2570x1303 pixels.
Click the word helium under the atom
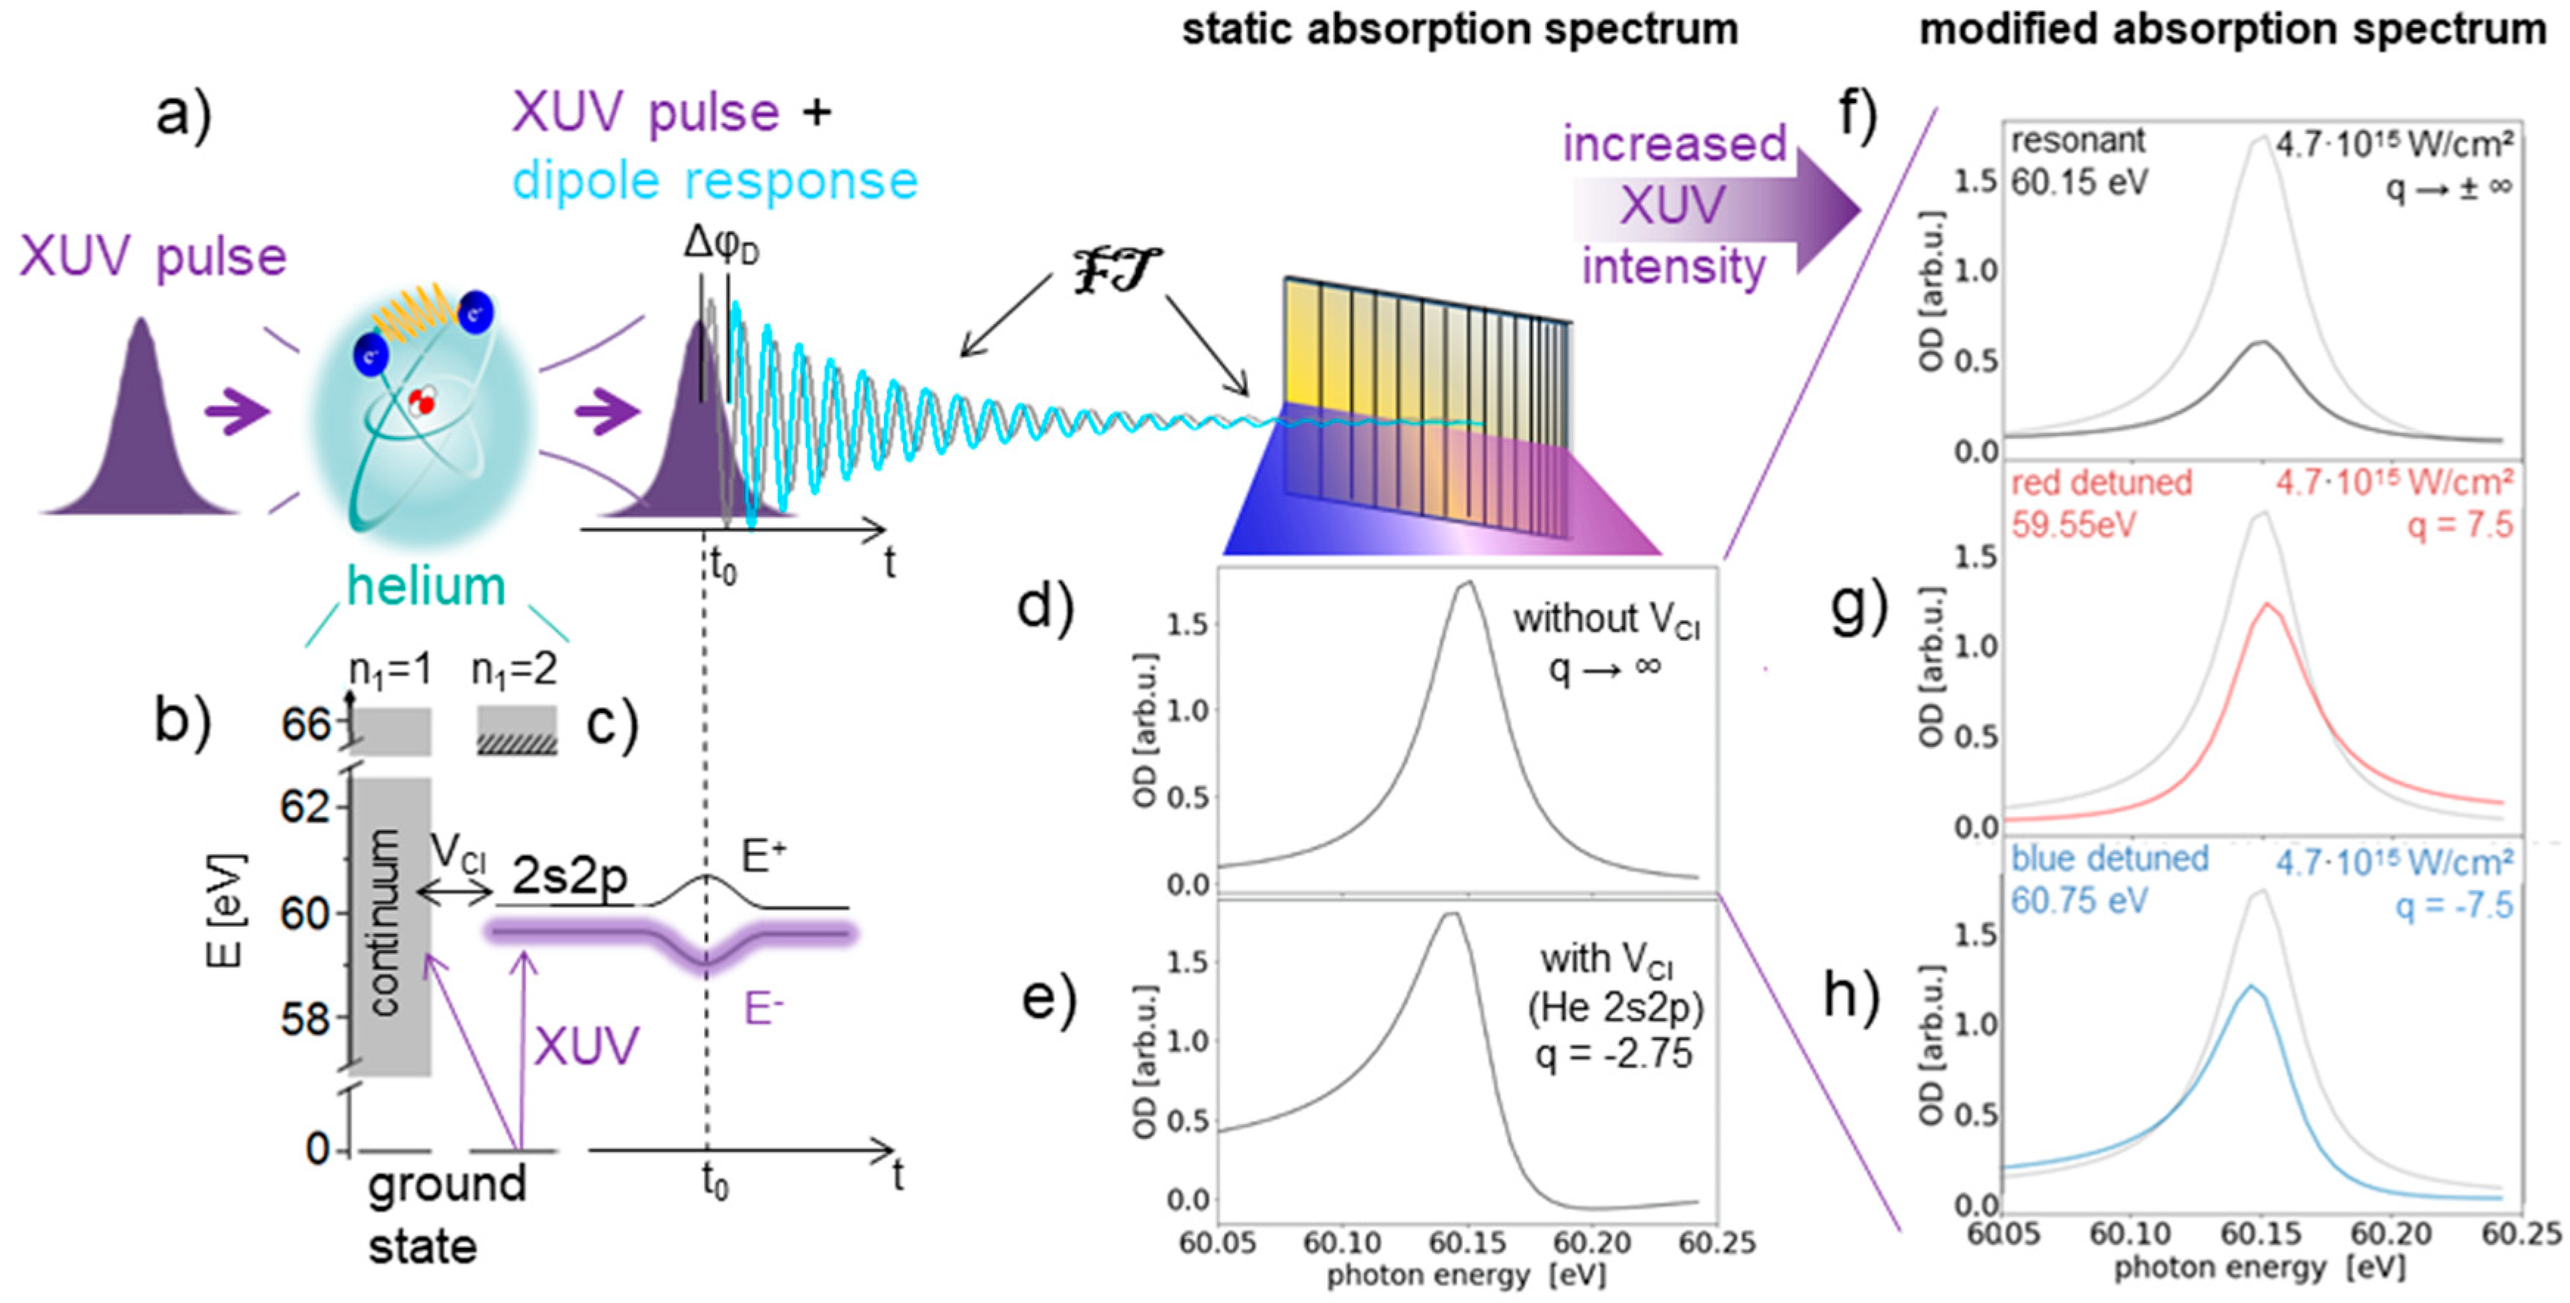pos(426,586)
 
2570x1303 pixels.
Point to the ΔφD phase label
pos(720,244)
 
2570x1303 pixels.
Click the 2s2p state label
pos(569,876)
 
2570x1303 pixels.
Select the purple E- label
pos(763,1010)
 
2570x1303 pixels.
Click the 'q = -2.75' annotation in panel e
pos(1613,1053)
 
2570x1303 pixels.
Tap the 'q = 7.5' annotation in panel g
pos(2460,524)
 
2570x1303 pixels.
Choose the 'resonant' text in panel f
pos(2077,141)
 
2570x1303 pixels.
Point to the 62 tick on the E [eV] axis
pos(305,806)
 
